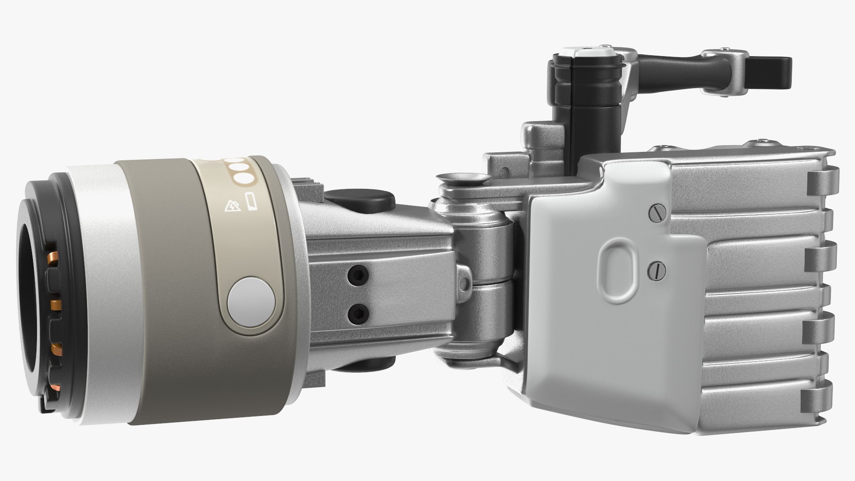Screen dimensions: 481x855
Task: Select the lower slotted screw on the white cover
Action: pos(656,269)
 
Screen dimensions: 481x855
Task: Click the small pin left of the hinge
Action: pos(466,282)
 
